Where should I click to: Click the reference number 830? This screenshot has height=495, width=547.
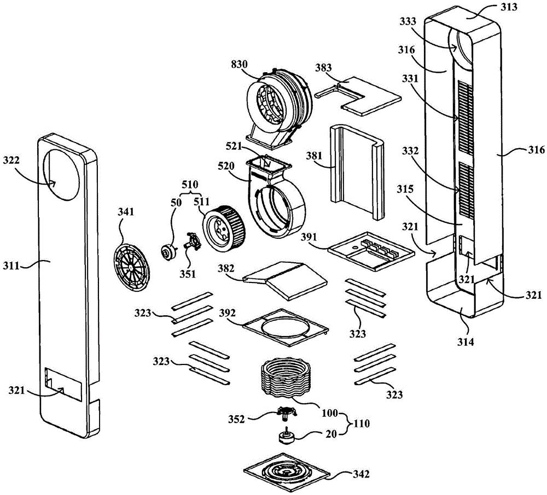click(240, 64)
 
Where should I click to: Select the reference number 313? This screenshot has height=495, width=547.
click(509, 7)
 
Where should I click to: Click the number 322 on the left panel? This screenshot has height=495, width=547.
click(12, 160)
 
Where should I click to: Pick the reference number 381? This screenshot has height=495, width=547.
click(314, 156)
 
